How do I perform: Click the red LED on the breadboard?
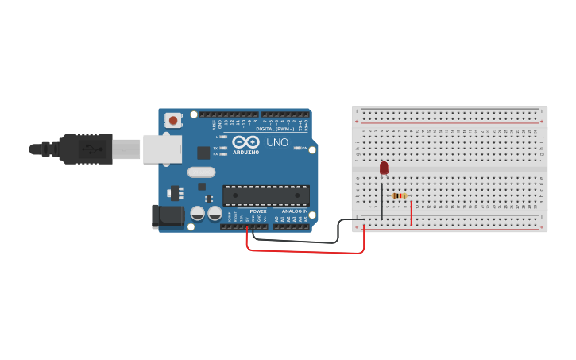384,168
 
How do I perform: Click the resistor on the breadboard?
399,195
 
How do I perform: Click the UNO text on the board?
277,142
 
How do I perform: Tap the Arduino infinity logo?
246,141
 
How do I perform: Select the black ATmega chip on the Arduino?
265,195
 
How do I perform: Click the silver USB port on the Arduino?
162,149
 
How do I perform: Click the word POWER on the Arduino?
258,211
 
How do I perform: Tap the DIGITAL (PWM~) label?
275,129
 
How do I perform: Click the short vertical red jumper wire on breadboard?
412,213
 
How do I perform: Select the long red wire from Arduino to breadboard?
306,252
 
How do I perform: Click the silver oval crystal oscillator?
202,172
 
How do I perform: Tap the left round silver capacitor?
198,214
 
